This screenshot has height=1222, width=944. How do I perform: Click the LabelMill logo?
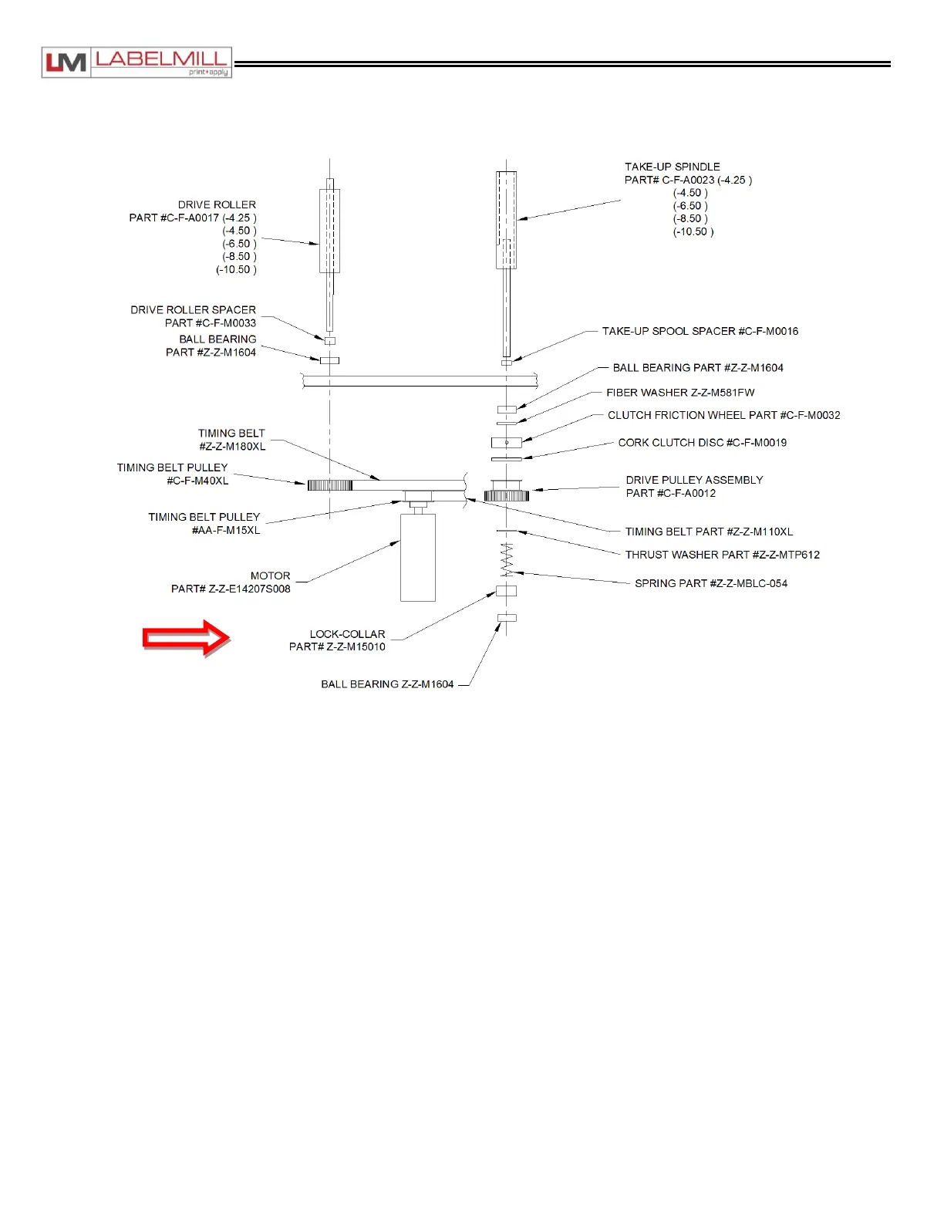point(137,62)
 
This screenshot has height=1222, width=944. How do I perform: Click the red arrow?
point(186,638)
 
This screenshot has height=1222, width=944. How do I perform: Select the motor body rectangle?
point(417,557)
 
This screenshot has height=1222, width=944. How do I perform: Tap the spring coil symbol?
point(507,559)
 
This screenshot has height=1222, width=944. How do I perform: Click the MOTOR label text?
point(270,576)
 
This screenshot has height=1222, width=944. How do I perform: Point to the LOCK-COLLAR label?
point(347,634)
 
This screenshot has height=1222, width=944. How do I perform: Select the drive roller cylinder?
point(329,231)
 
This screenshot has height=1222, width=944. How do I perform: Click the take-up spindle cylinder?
point(506,219)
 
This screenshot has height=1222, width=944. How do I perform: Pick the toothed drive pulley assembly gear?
point(507,492)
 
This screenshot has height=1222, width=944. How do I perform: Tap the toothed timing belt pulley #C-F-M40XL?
point(329,484)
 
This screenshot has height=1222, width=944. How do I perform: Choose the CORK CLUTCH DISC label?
point(702,443)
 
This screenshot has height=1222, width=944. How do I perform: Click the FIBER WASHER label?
point(680,393)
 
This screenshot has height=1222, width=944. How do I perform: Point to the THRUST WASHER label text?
point(722,555)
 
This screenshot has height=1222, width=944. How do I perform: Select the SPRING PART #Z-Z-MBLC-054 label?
point(710,583)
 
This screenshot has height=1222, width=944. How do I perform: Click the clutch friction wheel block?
point(506,443)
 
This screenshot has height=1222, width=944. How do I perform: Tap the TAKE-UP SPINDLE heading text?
point(672,167)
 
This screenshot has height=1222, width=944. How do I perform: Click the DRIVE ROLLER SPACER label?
point(193,310)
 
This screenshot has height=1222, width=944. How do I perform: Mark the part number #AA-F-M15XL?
point(225,530)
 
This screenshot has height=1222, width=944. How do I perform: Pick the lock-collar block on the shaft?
point(506,591)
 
